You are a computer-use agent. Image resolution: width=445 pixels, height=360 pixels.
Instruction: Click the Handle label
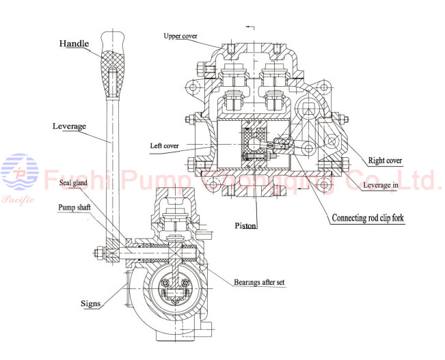73,44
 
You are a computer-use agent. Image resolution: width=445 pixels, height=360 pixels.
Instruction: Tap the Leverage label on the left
69,126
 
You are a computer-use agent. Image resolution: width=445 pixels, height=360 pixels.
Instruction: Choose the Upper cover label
182,36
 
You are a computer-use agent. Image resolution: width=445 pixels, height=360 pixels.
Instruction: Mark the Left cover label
167,146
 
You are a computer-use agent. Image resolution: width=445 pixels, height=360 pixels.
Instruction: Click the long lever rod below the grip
111,157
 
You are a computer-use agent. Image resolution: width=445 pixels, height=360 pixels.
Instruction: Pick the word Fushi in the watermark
76,180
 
